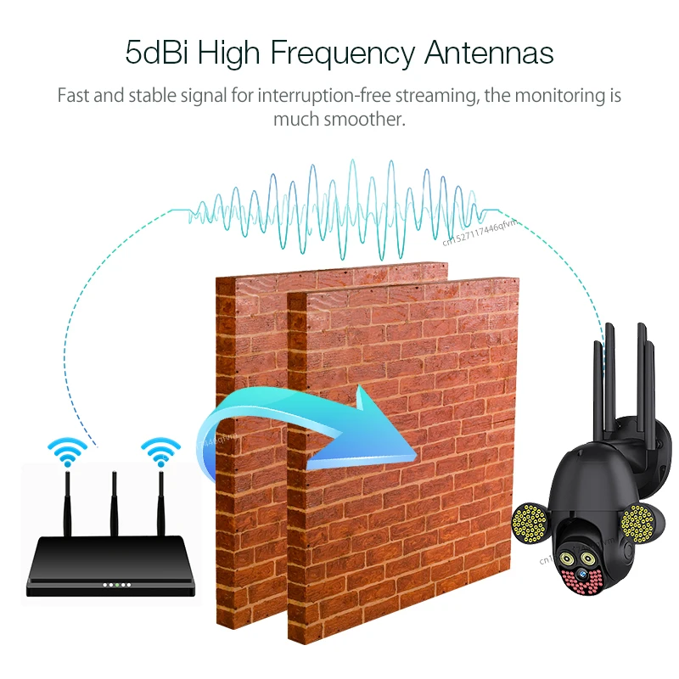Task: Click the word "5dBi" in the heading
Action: [157, 52]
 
